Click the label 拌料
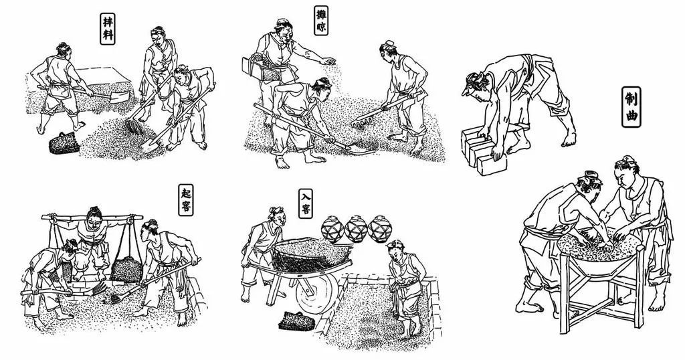(107, 28)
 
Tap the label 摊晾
(321, 21)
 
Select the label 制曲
(631, 107)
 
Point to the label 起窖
(186, 199)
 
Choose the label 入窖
(305, 203)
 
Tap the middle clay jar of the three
(357, 228)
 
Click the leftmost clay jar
(333, 228)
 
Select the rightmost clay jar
(380, 228)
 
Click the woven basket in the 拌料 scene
(64, 143)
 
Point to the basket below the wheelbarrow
(297, 321)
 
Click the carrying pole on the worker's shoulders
(92, 217)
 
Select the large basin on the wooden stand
(600, 252)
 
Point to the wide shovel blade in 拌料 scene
(119, 95)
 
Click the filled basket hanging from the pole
(126, 269)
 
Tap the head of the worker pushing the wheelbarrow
(276, 216)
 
